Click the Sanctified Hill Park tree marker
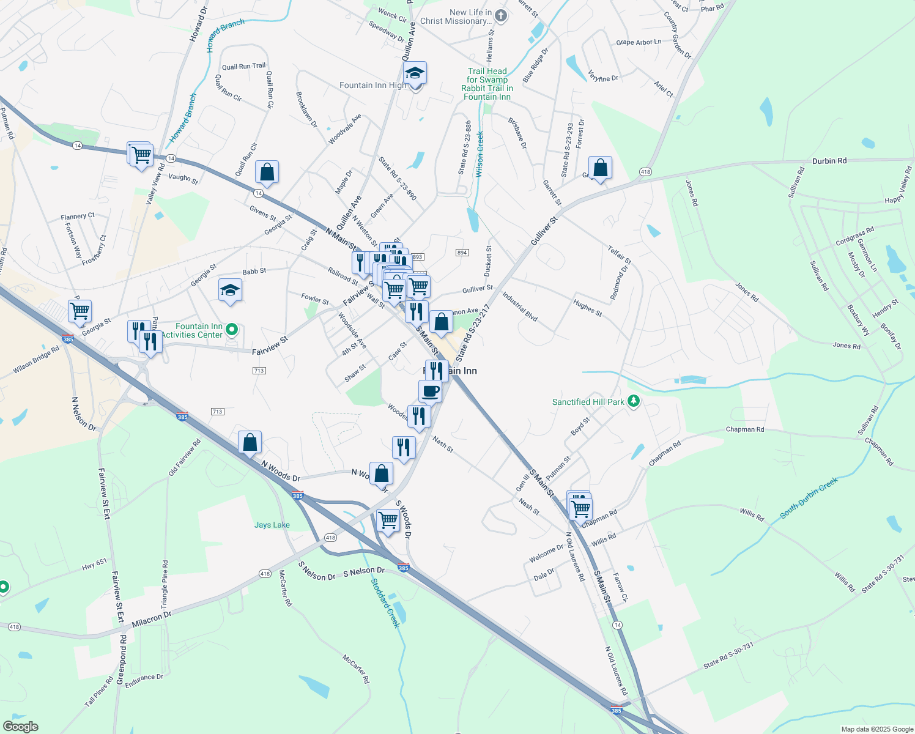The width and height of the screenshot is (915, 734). (x=634, y=402)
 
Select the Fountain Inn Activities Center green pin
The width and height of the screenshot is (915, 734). (x=232, y=330)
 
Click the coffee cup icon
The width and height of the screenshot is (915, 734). (x=430, y=391)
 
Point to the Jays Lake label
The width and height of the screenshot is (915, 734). (x=272, y=525)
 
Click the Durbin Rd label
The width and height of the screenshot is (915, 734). (x=829, y=161)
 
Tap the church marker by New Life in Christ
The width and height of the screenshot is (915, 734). (x=501, y=16)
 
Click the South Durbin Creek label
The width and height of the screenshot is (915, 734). (x=809, y=499)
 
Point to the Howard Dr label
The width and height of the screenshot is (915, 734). (x=198, y=24)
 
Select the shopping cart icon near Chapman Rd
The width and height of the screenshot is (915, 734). (x=580, y=508)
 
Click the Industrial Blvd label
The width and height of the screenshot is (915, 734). (x=520, y=306)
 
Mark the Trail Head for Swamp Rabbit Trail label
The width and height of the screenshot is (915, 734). (x=487, y=84)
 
